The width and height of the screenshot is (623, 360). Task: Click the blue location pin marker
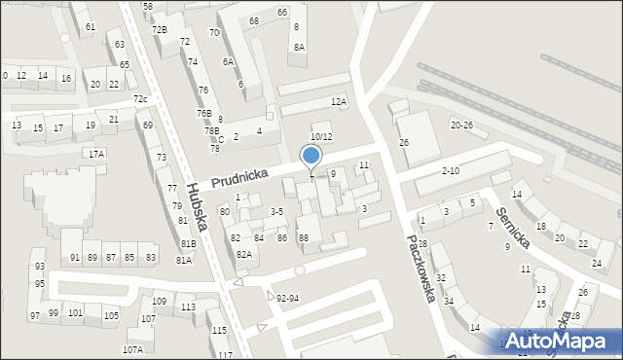pyautogui.click(x=311, y=156)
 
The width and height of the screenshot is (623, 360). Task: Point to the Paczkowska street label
pyautogui.click(x=421, y=268)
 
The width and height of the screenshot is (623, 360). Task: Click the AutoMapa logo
pyautogui.click(x=560, y=341)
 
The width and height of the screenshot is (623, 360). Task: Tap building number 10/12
pyautogui.click(x=321, y=137)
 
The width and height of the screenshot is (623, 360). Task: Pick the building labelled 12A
pyautogui.click(x=338, y=101)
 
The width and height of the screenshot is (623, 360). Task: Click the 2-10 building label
pyautogui.click(x=451, y=171)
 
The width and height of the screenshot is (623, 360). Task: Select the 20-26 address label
pyautogui.click(x=460, y=126)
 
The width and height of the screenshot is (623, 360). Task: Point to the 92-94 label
pyautogui.click(x=287, y=298)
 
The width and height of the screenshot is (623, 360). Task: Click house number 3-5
pyautogui.click(x=276, y=211)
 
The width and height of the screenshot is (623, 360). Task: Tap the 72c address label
pyautogui.click(x=140, y=99)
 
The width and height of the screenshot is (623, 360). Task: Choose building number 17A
pyautogui.click(x=95, y=154)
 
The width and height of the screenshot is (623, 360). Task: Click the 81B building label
pyautogui.click(x=188, y=243)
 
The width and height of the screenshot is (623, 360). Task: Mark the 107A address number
pyautogui.click(x=132, y=349)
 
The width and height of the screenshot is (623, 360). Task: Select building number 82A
pyautogui.click(x=243, y=254)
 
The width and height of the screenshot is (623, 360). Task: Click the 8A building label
pyautogui.click(x=299, y=47)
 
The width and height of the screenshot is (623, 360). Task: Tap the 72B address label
pyautogui.click(x=159, y=29)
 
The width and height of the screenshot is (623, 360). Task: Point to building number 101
pyautogui.click(x=75, y=312)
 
